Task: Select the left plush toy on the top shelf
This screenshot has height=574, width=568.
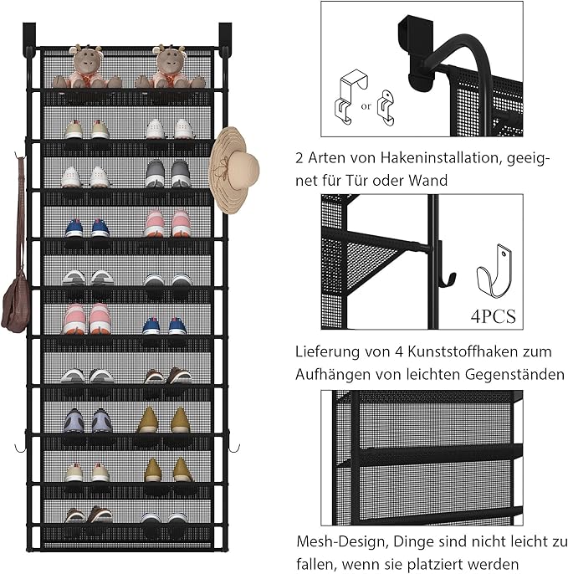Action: [86, 67]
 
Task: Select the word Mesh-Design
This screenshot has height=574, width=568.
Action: [339, 542]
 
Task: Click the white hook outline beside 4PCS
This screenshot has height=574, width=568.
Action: [494, 270]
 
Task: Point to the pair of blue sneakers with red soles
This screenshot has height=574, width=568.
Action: [87, 228]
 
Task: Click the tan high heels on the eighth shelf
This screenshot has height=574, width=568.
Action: [164, 422]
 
